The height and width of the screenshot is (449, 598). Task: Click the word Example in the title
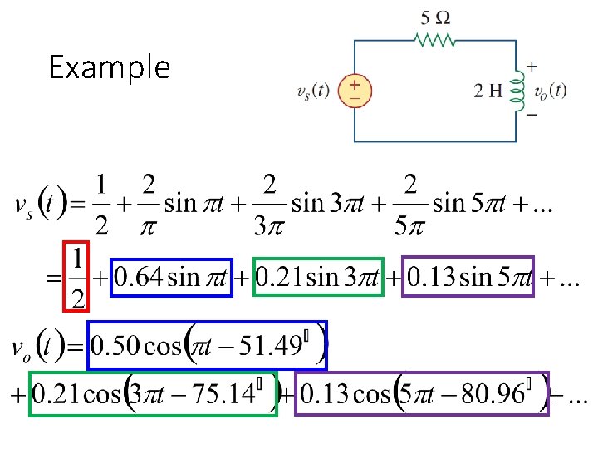click(109, 67)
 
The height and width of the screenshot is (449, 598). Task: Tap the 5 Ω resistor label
click(437, 16)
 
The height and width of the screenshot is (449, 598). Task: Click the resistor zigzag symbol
click(434, 40)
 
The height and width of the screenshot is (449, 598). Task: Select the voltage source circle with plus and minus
click(355, 91)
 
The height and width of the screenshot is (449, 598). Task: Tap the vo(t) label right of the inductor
click(551, 91)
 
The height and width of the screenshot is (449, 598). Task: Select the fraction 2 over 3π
click(272, 202)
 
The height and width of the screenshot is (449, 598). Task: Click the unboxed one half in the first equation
click(100, 202)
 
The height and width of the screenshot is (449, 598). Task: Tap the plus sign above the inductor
click(531, 67)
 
